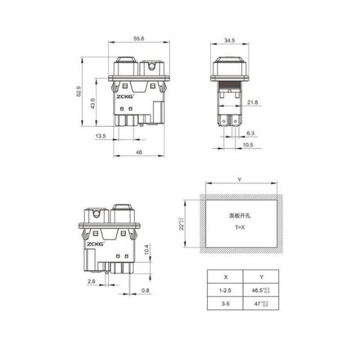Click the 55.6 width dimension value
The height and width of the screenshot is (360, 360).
pyautogui.click(x=138, y=39)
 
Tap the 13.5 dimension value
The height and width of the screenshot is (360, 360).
pyautogui.click(x=101, y=136)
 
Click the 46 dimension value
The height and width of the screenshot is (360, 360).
pyautogui.click(x=138, y=152)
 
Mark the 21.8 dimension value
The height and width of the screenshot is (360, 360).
pyautogui.click(x=253, y=102)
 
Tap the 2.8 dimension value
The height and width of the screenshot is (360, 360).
pyautogui.click(x=93, y=282)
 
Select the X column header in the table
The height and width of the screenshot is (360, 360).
pyautogui.click(x=224, y=278)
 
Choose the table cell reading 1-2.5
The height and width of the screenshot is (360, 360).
pyautogui.click(x=224, y=291)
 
